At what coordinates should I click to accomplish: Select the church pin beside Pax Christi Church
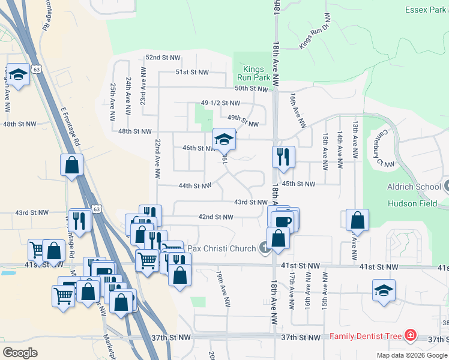point(264,247)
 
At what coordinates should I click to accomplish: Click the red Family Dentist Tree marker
point(410,335)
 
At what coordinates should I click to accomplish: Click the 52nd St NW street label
point(163,58)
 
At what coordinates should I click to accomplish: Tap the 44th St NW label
point(194,186)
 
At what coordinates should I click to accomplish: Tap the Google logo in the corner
point(20,353)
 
